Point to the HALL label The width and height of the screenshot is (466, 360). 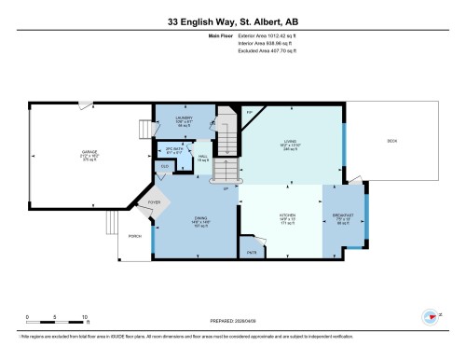tap(203, 157)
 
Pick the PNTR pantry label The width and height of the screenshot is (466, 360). tap(252, 252)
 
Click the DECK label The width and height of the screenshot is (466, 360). tap(392, 141)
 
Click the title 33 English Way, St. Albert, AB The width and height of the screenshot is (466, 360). tap(232, 21)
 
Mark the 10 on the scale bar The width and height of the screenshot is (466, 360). tap(85, 317)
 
